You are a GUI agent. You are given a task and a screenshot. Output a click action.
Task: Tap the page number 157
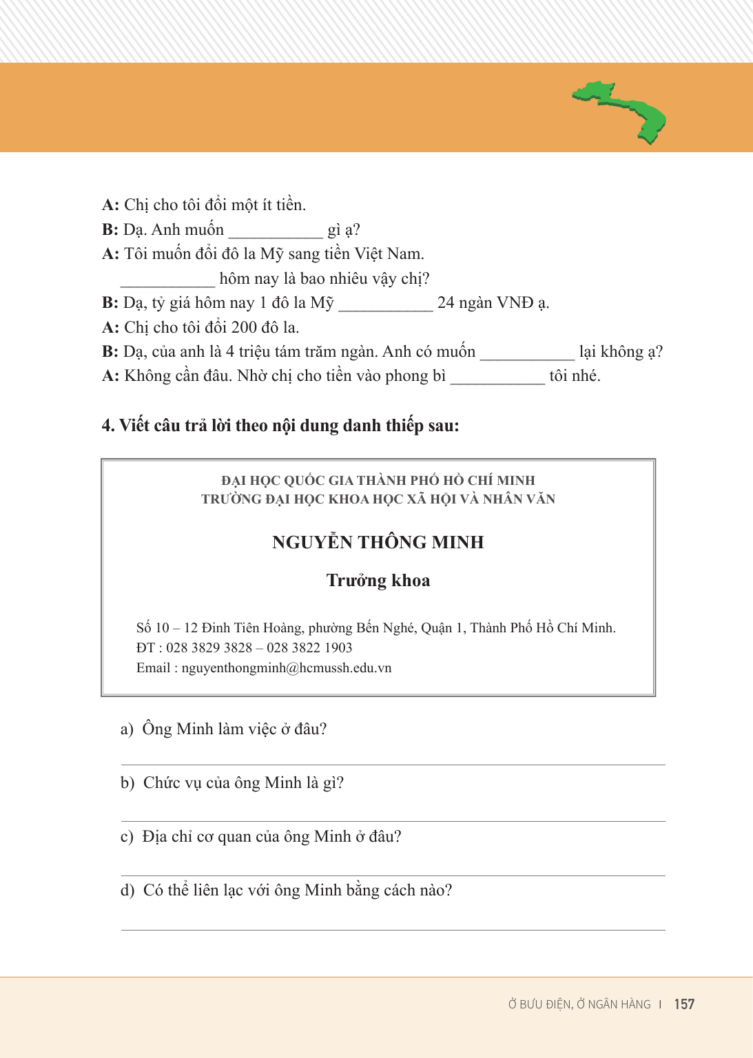[x=684, y=1004]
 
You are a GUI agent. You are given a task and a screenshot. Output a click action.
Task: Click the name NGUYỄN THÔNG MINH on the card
[x=378, y=542]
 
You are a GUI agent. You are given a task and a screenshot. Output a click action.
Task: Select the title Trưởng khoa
[x=378, y=581]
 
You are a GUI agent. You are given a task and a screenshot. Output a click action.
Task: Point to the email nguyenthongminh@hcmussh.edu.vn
[x=286, y=668]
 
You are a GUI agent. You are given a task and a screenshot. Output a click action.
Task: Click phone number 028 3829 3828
[x=209, y=647]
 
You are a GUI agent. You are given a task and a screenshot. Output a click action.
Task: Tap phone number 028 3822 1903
[x=309, y=647]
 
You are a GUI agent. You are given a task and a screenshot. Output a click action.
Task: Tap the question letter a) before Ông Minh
[x=127, y=729]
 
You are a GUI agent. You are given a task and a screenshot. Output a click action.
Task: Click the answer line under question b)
[x=393, y=820]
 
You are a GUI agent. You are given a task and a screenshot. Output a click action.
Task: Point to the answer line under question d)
[x=393, y=929]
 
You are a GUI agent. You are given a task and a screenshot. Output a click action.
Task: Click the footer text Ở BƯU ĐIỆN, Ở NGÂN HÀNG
[x=579, y=1004]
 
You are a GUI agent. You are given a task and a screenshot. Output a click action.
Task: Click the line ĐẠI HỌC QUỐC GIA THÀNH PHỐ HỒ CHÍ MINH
[x=378, y=480]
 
